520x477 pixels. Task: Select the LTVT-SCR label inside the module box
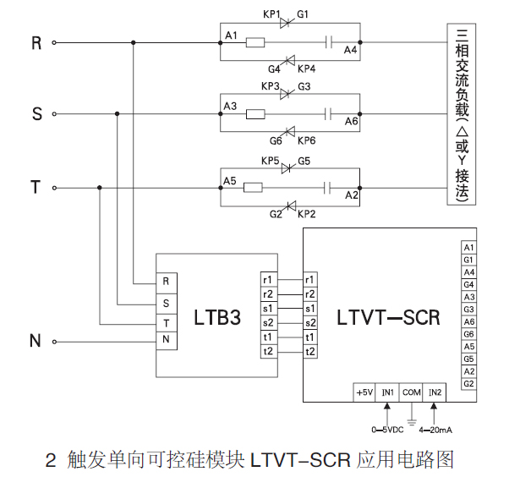tap(388, 318)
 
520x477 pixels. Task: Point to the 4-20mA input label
tap(435, 430)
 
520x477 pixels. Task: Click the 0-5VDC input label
tap(388, 430)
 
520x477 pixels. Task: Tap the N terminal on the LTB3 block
tap(166, 338)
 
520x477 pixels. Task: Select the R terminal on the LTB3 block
tap(166, 280)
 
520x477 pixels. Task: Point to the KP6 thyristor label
tap(306, 140)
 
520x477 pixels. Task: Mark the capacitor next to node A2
tap(331, 187)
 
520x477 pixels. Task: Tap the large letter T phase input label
tap(36, 188)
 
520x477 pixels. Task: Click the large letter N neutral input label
tap(36, 341)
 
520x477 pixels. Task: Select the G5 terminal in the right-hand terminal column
tap(468, 359)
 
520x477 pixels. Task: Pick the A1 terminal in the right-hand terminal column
tap(468, 247)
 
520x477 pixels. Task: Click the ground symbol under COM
tap(412, 420)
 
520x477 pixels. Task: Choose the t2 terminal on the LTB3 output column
tap(268, 351)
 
